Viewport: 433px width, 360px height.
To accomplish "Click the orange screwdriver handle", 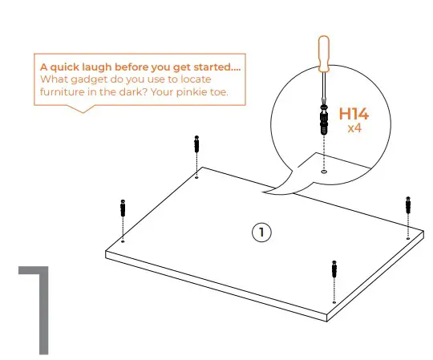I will click(x=323, y=55).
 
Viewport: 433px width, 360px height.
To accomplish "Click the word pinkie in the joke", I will click(x=201, y=93).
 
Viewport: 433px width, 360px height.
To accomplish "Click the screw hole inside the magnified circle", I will click(x=323, y=170).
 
